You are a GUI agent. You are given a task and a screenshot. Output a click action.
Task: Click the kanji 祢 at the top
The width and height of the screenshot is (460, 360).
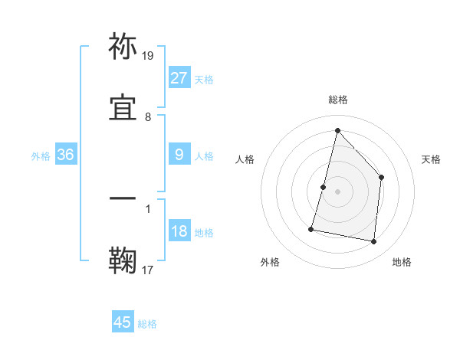point(123,47)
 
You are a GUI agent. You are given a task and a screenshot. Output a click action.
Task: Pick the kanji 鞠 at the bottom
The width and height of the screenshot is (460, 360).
point(123,260)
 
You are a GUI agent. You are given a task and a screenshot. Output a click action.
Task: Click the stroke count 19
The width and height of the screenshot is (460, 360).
point(148,56)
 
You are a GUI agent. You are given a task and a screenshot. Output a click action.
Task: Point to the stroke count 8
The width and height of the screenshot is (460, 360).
point(148,117)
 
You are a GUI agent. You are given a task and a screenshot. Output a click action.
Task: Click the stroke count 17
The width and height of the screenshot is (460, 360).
point(148,270)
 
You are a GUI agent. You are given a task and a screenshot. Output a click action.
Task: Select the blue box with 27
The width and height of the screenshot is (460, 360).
point(179,78)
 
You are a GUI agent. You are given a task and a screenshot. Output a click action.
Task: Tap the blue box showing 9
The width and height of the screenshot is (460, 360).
point(179,155)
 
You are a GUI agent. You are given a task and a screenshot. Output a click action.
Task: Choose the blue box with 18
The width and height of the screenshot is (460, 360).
point(179,231)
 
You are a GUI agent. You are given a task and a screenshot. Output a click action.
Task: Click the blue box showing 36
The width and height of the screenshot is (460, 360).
point(65,155)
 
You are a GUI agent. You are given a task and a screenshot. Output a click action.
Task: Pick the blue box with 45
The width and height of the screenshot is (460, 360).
point(123,322)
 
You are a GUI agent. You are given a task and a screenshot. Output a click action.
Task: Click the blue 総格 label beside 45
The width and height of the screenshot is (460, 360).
point(147,324)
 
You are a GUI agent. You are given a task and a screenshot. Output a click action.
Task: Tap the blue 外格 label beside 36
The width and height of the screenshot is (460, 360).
point(41,155)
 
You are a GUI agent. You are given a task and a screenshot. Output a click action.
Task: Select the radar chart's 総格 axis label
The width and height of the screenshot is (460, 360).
point(337,100)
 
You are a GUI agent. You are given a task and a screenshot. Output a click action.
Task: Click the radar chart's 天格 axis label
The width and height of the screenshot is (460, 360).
point(431,159)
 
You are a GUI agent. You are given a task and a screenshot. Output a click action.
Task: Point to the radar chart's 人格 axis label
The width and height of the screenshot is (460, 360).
point(245,159)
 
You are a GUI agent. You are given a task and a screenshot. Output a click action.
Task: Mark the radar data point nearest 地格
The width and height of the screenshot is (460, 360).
point(373,242)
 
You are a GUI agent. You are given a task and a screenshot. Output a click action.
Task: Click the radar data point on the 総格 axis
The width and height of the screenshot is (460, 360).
point(337,131)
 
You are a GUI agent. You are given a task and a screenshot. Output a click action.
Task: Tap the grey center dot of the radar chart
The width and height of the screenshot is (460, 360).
point(337,191)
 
